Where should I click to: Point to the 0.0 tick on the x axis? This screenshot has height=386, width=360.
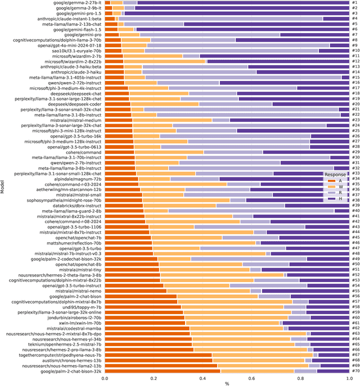(x=105, y=378)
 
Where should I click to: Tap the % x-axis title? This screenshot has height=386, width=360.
(x=227, y=383)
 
